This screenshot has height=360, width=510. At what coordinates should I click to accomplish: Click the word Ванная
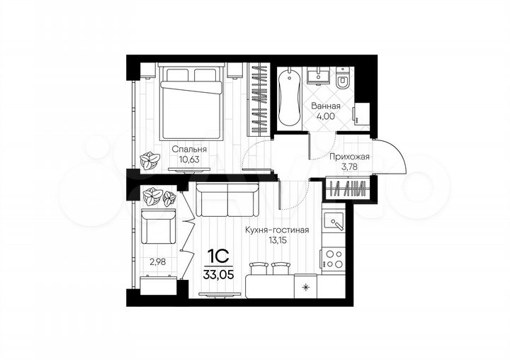click(x=326, y=106)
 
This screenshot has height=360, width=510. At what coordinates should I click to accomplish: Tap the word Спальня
click(x=189, y=150)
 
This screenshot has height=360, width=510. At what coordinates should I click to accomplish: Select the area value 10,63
click(x=189, y=161)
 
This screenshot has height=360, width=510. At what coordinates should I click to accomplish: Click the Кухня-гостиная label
click(x=277, y=230)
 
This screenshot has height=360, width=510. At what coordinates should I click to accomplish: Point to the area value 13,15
click(x=277, y=241)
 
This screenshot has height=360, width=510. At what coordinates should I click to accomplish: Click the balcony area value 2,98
click(x=157, y=261)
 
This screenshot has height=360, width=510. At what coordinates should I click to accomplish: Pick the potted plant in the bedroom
click(x=149, y=161)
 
